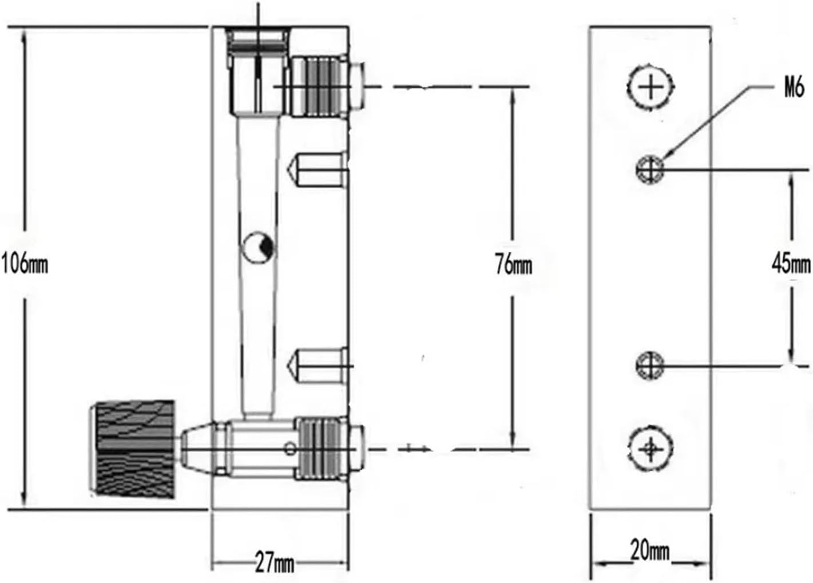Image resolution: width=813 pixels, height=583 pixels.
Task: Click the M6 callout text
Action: [x=794, y=88]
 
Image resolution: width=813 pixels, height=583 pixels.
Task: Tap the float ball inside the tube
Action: [x=257, y=247]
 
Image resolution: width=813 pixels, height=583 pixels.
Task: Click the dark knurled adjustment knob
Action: [x=133, y=450]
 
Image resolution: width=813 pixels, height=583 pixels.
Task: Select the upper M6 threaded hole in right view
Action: [x=650, y=169]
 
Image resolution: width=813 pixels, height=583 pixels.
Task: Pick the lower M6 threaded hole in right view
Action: [x=650, y=366]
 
